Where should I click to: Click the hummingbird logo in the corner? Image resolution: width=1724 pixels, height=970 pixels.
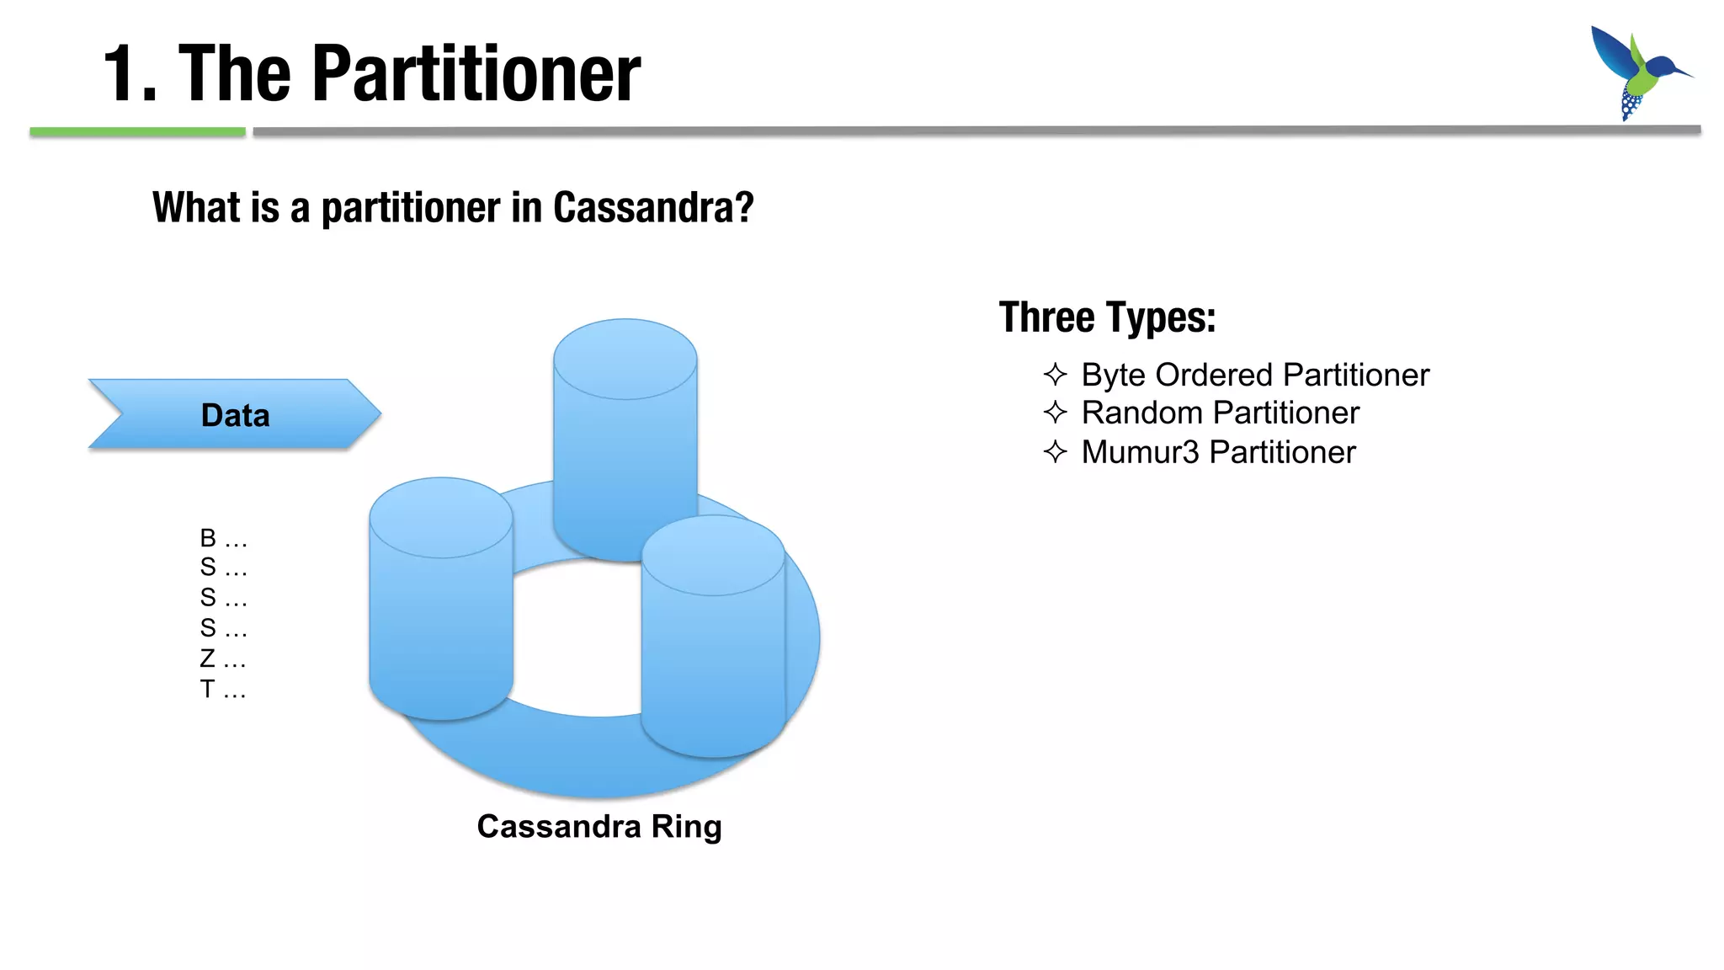tap(1637, 72)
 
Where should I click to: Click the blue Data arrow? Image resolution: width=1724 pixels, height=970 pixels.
tap(235, 414)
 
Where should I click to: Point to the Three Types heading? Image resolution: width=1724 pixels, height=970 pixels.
tap(1107, 317)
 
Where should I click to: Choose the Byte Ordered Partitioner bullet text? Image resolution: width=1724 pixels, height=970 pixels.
tap(1254, 375)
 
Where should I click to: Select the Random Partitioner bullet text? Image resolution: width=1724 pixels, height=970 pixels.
tap(1220, 413)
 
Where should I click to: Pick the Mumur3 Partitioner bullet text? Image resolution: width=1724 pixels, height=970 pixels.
tap(1218, 452)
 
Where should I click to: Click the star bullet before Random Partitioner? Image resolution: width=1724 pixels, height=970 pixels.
tap(1055, 413)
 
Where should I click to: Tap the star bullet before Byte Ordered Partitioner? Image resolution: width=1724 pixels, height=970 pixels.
tap(1055, 374)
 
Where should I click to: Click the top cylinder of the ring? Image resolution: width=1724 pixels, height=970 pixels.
tap(625, 421)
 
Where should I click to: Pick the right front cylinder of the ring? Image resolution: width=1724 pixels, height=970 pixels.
tap(713, 640)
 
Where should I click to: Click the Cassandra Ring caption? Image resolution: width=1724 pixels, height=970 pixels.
tap(599, 826)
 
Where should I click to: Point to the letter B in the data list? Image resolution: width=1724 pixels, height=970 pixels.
tap(208, 537)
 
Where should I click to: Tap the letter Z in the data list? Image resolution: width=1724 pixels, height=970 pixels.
tap(207, 658)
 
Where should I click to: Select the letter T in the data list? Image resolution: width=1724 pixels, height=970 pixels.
tap(207, 689)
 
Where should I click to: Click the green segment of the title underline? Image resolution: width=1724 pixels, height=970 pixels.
tap(137, 131)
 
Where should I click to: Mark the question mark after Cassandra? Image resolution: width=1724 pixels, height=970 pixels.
tap(744, 207)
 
